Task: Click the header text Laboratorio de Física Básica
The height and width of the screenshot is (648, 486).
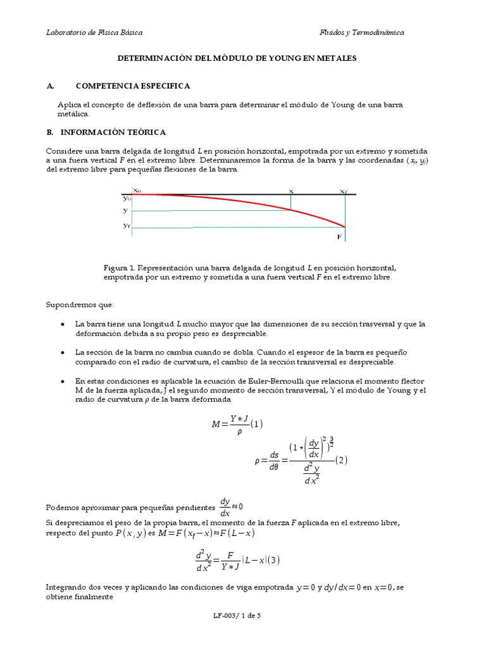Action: coord(94,32)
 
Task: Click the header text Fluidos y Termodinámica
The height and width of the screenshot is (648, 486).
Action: coord(361,32)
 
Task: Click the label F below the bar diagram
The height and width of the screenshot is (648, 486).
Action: coord(339,237)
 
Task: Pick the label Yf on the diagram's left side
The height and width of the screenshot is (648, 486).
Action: coord(127,225)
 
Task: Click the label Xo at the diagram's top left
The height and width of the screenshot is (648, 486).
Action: coord(137,190)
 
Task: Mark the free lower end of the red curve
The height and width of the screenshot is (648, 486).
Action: coord(346,227)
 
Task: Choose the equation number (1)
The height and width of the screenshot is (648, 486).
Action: coord(256,424)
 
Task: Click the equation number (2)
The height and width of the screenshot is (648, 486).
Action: coord(342,460)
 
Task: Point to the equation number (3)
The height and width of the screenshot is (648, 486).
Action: coord(274,559)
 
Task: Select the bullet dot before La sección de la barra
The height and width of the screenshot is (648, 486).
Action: coord(63,352)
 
